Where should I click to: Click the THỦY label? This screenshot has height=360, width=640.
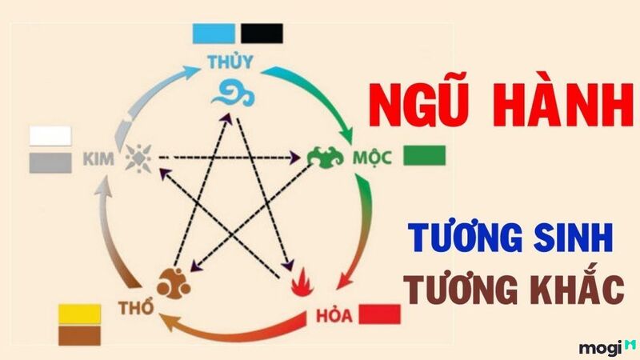click(x=230, y=62)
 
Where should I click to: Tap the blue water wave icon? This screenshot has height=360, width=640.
click(x=233, y=94)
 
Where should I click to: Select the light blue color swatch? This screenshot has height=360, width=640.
click(x=214, y=34)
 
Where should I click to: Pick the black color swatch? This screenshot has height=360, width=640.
click(x=262, y=34)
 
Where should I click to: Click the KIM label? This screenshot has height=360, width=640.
click(x=98, y=158)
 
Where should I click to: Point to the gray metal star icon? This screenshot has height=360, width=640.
click(x=138, y=158)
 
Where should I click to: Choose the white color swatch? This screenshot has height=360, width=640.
click(x=50, y=136)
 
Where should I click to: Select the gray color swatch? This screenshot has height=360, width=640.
click(x=50, y=163)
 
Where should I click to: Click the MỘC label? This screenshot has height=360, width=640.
click(x=372, y=158)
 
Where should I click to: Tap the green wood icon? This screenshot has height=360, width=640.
click(x=325, y=157)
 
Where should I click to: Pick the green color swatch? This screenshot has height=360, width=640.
click(x=424, y=155)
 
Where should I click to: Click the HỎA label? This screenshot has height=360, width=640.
click(x=334, y=315)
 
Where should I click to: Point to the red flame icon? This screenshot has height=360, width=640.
click(x=302, y=282)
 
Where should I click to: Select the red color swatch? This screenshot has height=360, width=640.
click(x=379, y=314)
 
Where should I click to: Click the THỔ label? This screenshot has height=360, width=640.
click(x=136, y=307)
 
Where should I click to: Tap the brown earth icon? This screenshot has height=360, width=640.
click(x=174, y=283)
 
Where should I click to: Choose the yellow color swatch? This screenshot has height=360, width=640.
click(x=79, y=314)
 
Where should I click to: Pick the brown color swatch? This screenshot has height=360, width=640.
click(x=79, y=335)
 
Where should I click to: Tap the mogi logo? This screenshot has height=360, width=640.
click(x=607, y=348)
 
